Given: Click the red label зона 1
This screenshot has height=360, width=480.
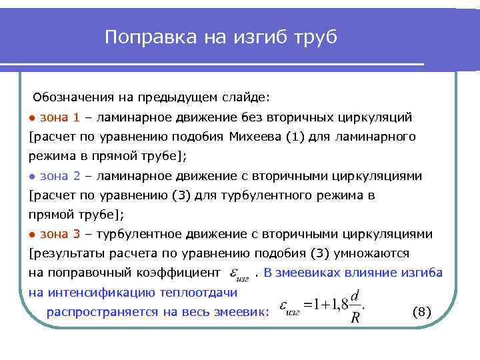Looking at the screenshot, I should point(60,118).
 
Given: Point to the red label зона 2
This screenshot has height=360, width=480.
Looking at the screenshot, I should point(60,176).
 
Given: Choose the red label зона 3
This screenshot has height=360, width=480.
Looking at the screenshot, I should point(60,234).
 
